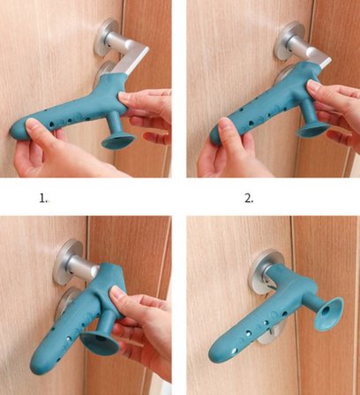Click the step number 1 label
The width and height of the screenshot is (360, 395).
[x=43, y=199]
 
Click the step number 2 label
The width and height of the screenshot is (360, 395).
[x=249, y=199]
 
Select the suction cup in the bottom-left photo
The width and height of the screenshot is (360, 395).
[x=100, y=343]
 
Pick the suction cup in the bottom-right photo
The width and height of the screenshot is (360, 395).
[x=329, y=313]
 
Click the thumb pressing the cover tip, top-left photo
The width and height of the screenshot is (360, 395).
[x=37, y=130]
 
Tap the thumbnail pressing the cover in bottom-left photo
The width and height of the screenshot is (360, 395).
[x=117, y=292]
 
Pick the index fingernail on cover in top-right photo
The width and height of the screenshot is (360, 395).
[x=314, y=86]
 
